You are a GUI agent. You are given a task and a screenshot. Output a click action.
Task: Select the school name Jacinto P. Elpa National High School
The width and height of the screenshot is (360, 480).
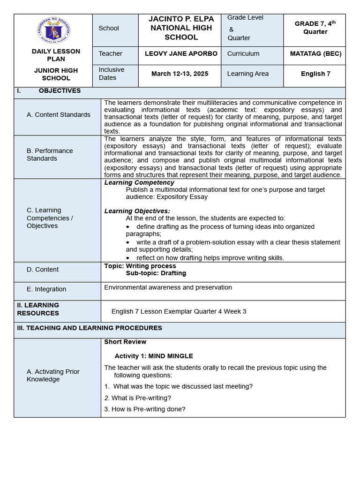pos(181,28)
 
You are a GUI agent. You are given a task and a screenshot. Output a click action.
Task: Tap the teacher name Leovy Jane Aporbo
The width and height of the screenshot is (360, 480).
pos(181,54)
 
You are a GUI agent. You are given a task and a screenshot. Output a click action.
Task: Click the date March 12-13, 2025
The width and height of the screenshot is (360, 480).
pos(180,74)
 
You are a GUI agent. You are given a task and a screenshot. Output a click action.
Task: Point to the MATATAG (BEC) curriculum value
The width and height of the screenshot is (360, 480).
pos(315,54)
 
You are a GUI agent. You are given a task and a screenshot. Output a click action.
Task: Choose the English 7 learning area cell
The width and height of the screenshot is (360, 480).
pos(315,74)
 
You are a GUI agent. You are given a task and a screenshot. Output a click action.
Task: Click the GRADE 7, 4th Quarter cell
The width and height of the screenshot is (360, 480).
pos(315,28)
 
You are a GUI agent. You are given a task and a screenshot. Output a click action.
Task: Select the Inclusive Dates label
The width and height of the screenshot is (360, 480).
pos(112,74)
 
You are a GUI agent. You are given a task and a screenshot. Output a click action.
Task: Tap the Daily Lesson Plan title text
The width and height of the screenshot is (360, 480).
pos(56,55)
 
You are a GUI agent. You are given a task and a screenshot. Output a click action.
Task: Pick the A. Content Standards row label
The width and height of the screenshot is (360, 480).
pos(59,115)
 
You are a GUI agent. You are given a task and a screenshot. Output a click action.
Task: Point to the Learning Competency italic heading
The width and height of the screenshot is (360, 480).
pos(139,182)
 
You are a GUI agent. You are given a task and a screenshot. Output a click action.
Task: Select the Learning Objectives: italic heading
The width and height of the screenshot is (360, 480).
pos(137,211)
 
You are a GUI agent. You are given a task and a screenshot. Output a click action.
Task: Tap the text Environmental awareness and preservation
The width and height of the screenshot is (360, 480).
pos(168,287)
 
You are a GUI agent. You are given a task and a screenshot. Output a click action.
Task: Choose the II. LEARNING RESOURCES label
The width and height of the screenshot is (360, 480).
pos(38,309)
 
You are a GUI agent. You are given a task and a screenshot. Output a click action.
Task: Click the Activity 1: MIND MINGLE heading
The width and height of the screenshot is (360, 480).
pos(154,356)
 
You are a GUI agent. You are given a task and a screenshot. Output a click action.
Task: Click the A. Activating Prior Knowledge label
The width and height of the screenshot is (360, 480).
pos(53,375)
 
